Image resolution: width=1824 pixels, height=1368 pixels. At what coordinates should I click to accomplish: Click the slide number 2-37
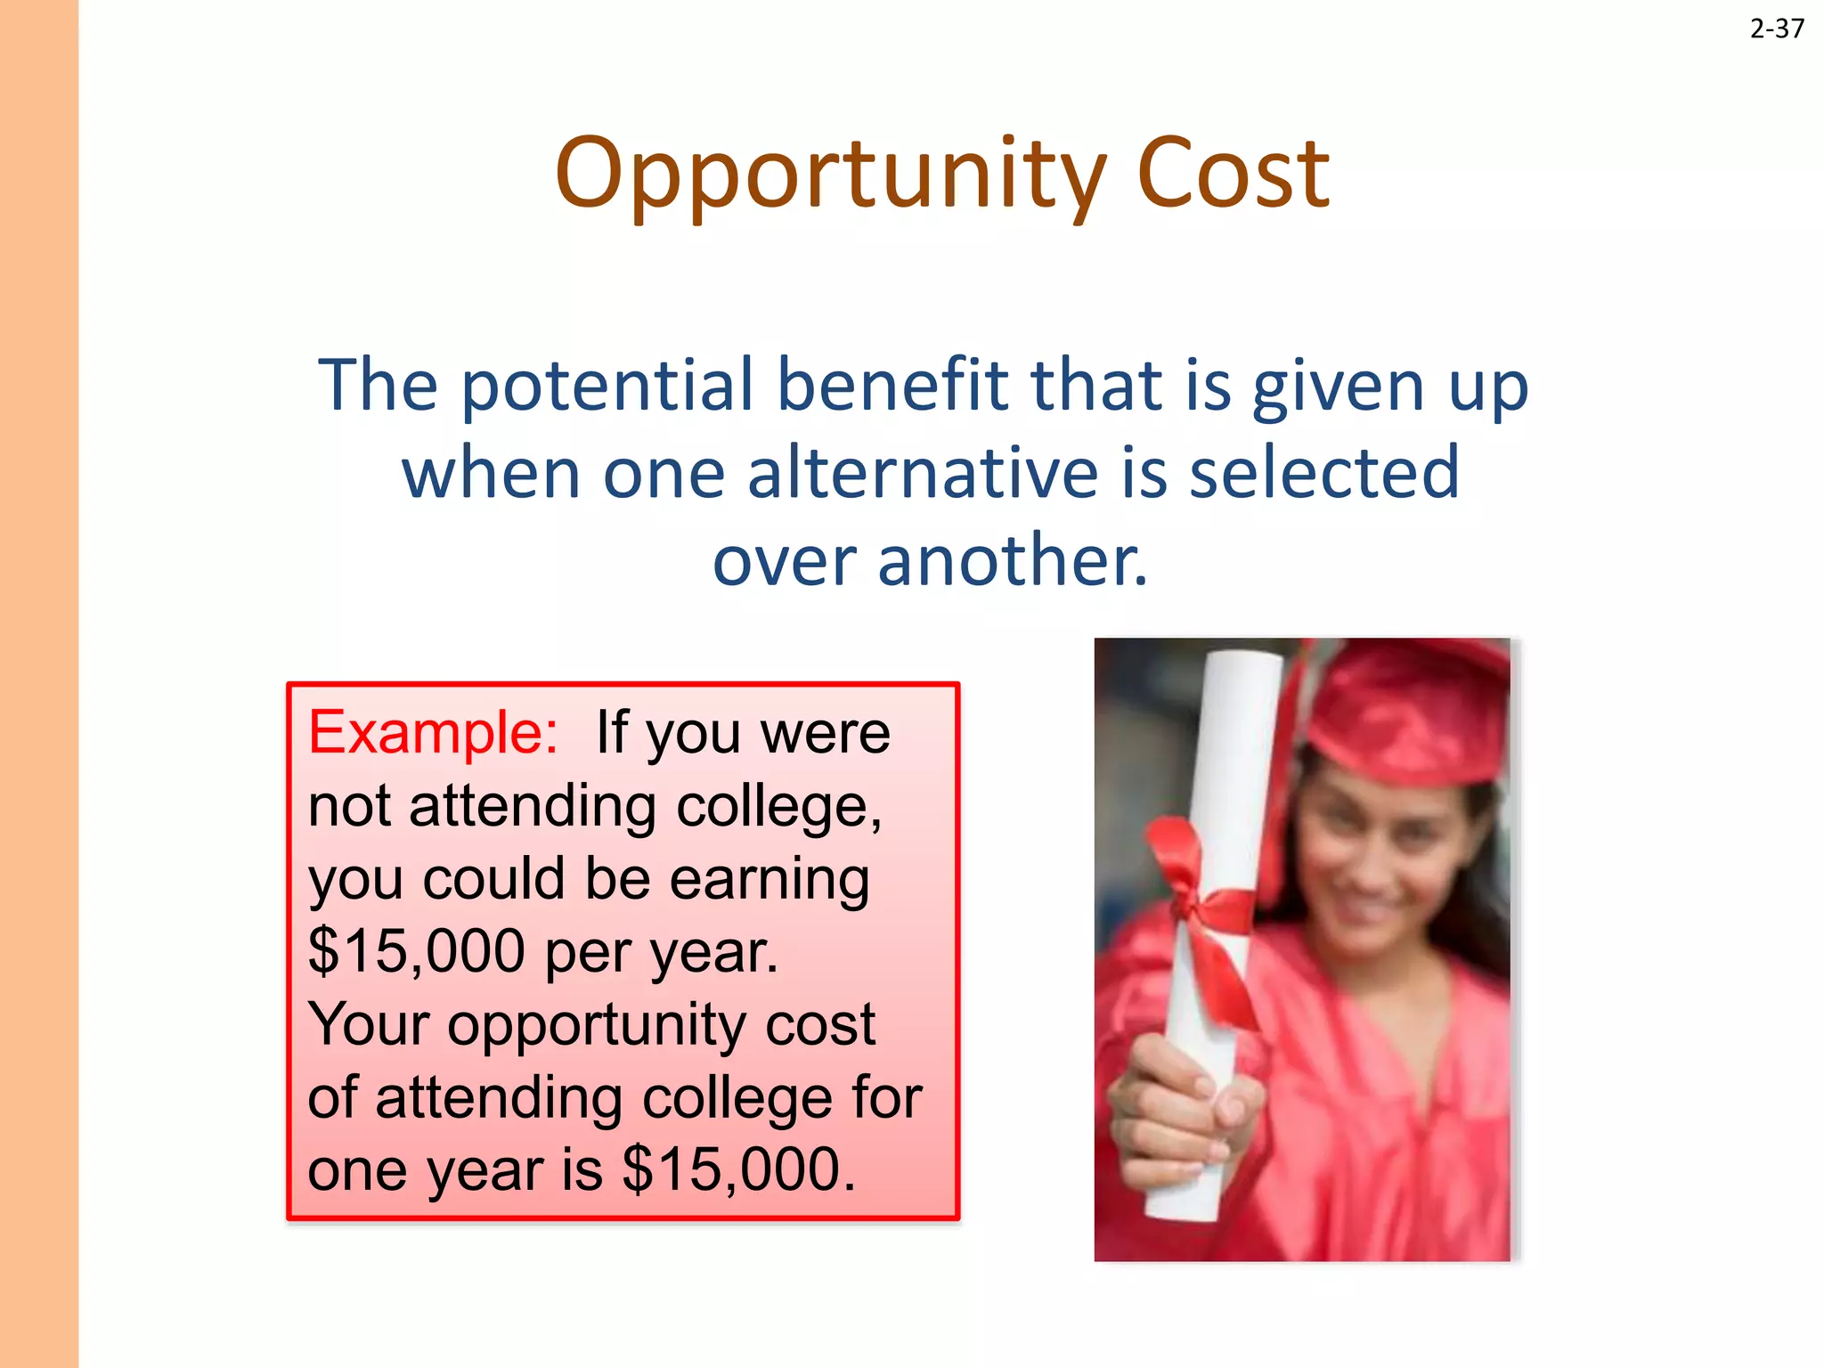[1776, 29]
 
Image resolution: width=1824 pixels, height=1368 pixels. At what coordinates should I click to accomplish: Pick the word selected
[1324, 473]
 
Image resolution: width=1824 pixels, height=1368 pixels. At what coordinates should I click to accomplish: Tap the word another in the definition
[1012, 561]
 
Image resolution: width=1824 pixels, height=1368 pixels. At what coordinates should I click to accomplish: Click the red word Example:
[433, 733]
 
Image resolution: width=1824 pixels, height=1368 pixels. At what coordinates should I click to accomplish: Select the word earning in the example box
[769, 879]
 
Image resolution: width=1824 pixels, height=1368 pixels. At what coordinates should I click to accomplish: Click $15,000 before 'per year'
[416, 951]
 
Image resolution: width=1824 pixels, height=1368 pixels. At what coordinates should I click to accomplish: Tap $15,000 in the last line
[738, 1169]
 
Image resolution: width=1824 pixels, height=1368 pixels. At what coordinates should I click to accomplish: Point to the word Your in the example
[369, 1024]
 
